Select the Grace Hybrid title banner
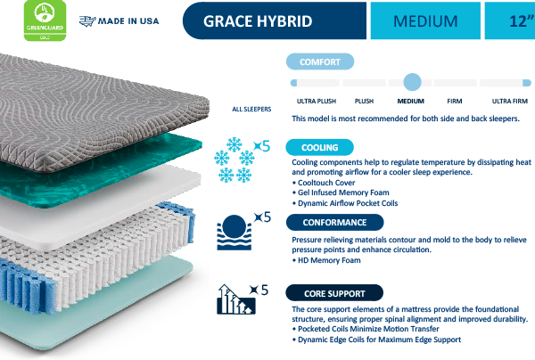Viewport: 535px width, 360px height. coord(258,20)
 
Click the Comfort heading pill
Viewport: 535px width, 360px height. coord(318,61)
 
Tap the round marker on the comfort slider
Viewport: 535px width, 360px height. coord(411,82)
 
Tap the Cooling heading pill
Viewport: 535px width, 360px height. coord(318,147)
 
